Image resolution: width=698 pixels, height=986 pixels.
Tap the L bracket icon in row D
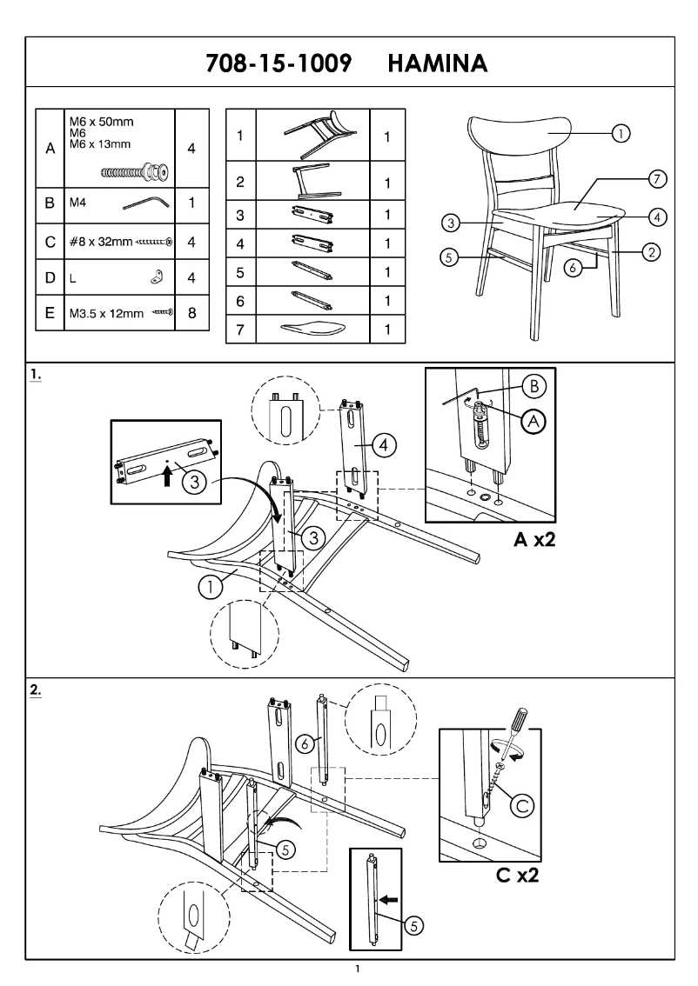[x=158, y=277]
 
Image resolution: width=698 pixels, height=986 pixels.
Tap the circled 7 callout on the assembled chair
[x=658, y=179]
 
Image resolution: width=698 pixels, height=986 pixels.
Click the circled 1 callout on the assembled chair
[x=621, y=133]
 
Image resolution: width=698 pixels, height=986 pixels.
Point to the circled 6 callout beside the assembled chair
[x=572, y=269]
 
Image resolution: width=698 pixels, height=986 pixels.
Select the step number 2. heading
[x=36, y=689]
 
